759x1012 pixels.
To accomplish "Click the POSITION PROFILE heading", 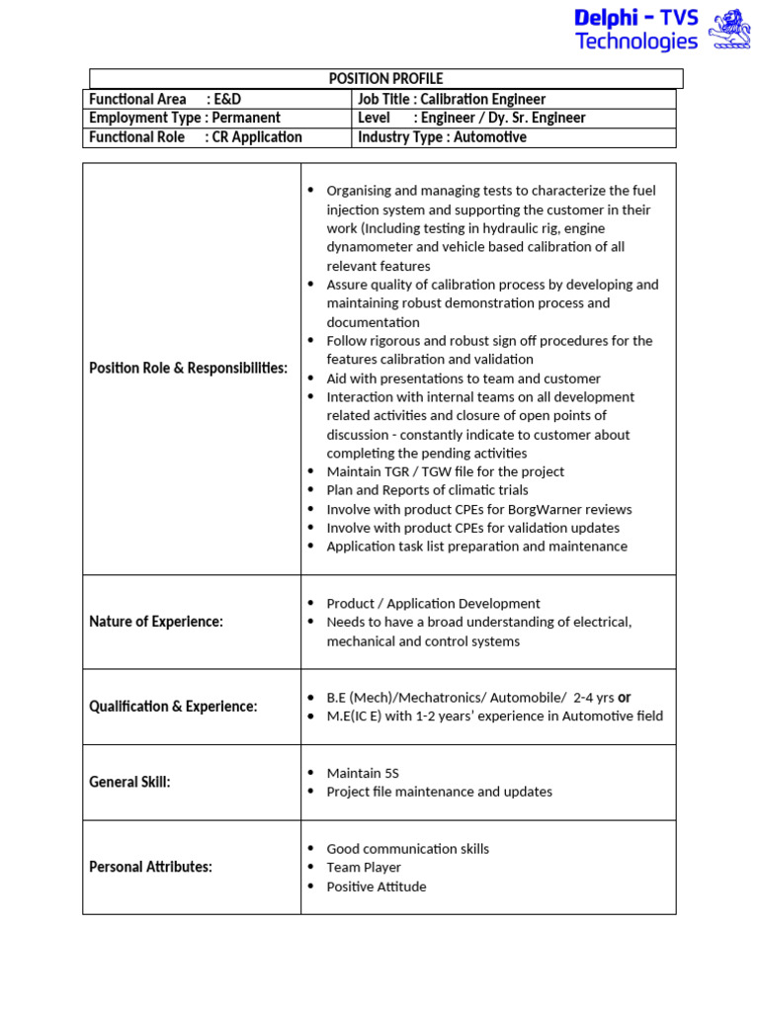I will pos(385,79).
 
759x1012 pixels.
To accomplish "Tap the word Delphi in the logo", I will pos(609,17).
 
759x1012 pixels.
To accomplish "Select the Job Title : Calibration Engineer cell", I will pos(452,99).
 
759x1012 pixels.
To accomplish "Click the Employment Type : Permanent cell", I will pos(185,118).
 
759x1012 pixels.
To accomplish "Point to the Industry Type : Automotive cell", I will pos(442,137).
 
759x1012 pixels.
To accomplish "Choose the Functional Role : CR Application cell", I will pos(196,137).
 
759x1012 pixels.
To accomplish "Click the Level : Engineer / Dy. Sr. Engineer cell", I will pos(471,118).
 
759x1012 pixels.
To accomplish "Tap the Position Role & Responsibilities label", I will pos(189,368).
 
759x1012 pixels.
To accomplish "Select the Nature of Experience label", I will pos(156,622).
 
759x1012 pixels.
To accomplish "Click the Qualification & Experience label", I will pos(173,707).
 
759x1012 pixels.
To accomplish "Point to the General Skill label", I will pos(129,782).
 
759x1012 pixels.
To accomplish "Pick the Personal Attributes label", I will pos(151,867).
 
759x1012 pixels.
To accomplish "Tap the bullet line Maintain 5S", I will pos(363,773).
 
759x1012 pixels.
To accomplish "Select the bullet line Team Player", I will pos(364,867).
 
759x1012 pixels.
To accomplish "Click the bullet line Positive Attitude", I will pos(377,886).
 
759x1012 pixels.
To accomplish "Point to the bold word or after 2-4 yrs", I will pos(625,697).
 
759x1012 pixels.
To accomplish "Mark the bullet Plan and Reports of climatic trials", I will pos(427,490).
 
